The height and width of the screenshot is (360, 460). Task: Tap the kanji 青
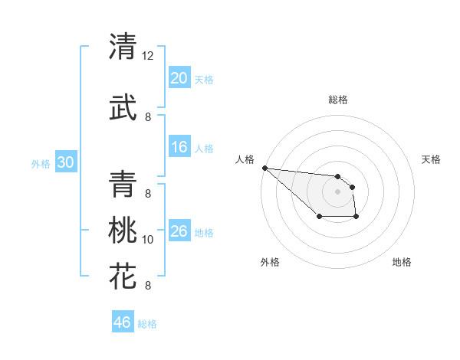123,183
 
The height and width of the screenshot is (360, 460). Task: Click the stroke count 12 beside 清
148,56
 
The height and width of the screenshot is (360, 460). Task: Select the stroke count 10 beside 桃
148,240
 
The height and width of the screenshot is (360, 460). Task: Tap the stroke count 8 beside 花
148,286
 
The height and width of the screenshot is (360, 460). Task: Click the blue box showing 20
179,78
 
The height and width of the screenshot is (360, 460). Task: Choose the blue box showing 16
179,148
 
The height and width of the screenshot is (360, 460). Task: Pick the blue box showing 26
179,231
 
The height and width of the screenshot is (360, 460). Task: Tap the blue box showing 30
66,162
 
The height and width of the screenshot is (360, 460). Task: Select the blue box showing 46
123,322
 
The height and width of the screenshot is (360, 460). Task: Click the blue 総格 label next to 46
147,324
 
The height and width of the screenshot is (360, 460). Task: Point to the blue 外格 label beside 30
41,164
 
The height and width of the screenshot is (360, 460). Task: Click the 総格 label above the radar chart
338,100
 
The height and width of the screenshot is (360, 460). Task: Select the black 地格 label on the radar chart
402,263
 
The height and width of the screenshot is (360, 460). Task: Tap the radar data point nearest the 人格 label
264,168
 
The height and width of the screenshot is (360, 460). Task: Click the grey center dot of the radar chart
337,191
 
